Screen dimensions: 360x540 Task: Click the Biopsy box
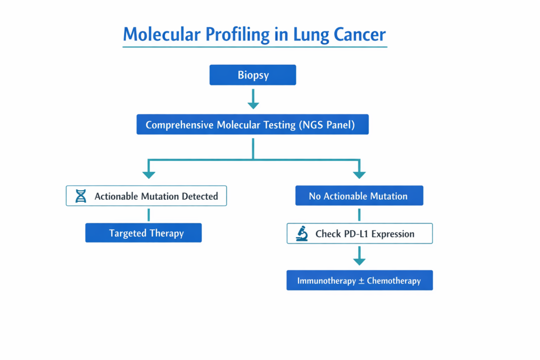(x=253, y=75)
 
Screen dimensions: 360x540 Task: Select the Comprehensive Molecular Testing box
(x=253, y=125)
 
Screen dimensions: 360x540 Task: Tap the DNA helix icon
(x=81, y=196)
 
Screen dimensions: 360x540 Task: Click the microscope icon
(x=302, y=233)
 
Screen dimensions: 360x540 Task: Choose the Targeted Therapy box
(x=143, y=233)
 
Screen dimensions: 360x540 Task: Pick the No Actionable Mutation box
(x=359, y=196)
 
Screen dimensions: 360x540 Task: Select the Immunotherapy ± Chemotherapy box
(x=359, y=280)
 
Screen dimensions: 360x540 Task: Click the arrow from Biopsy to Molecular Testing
(x=253, y=99)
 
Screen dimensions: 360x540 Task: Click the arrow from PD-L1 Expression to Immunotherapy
(x=359, y=255)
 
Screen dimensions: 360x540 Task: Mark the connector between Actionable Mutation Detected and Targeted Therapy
(x=149, y=214)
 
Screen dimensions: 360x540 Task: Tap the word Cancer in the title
(x=360, y=35)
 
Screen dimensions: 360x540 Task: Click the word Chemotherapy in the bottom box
(x=393, y=280)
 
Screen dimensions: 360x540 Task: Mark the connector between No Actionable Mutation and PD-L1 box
(x=359, y=214)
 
